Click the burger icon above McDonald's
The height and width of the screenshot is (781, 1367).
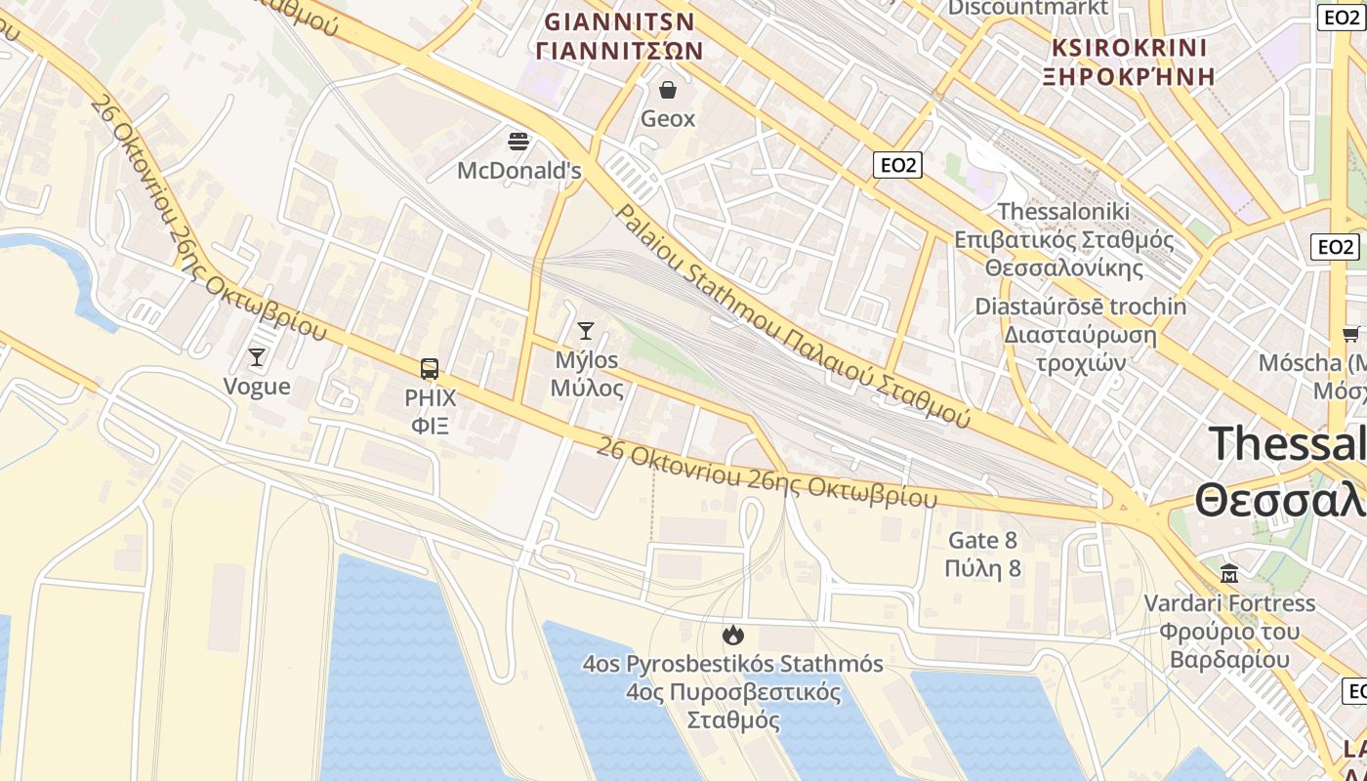pos(518,142)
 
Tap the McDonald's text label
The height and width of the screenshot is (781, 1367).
pos(518,171)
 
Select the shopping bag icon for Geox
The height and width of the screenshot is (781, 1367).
pos(668,91)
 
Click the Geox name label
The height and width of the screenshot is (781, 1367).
pos(668,119)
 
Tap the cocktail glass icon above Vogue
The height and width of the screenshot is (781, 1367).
pos(257,357)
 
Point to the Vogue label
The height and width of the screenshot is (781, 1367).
pos(257,387)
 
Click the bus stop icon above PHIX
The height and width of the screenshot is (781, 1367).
pos(430,369)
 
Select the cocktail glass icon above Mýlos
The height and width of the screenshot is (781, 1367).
pos(586,331)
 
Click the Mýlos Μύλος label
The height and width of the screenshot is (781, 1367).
pos(586,374)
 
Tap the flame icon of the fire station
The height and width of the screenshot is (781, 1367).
pos(732,636)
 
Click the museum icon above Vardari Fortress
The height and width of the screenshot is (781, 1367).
pos(1229,573)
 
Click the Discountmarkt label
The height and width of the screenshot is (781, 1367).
pos(1028,8)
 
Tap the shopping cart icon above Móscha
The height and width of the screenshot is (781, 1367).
pos(1352,335)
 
